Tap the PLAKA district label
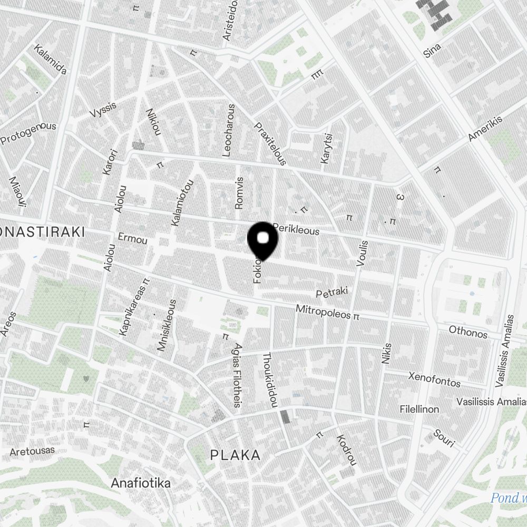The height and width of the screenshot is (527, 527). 235,455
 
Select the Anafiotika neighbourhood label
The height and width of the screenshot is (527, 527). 141,483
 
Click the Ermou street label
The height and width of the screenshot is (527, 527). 133,239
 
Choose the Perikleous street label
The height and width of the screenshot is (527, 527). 296,230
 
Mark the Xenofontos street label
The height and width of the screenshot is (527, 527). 434,379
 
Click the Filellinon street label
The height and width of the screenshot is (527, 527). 419,409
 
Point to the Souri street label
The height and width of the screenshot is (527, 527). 444,437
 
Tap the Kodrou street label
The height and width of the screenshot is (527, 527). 346,450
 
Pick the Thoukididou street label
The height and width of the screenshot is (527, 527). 269,379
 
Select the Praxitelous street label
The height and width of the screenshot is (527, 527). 270,143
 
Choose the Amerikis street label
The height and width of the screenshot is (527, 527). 485,128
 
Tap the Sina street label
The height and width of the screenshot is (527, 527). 432,51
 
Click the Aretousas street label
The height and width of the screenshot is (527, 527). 32,452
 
